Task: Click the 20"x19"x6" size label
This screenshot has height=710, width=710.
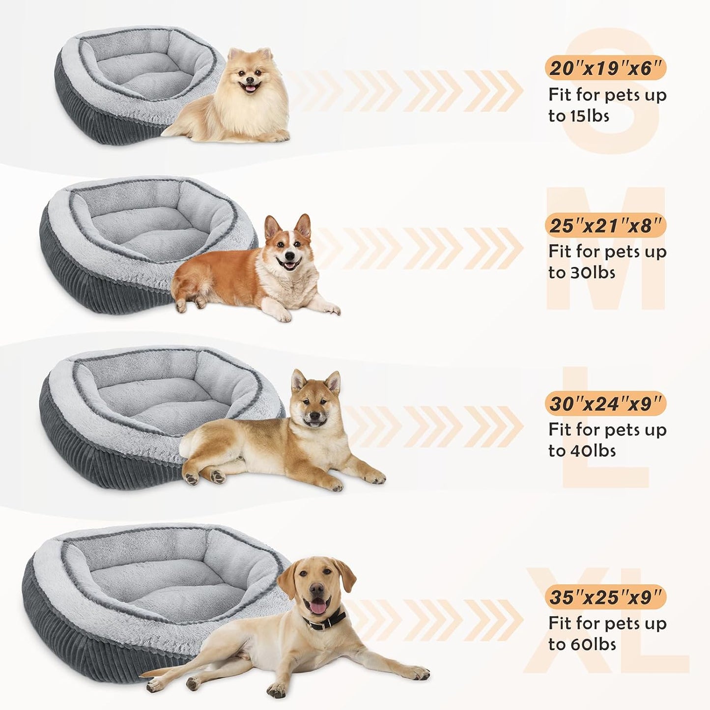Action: coord(605,68)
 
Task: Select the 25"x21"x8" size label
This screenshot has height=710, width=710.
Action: coord(605,226)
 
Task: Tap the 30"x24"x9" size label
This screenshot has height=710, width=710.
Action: coord(605,404)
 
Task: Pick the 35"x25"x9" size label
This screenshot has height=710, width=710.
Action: coord(605,597)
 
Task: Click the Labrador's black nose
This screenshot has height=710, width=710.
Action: coord(315,588)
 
